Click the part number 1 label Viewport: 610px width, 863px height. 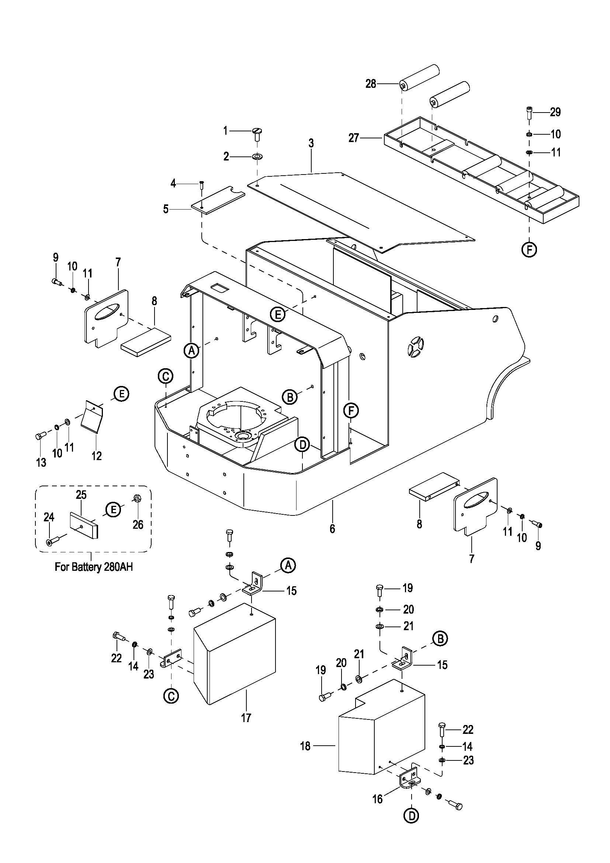pyautogui.click(x=225, y=131)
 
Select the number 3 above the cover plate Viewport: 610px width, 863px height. pyautogui.click(x=311, y=143)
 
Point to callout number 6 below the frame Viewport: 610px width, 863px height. pyautogui.click(x=332, y=529)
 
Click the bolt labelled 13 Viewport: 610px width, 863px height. pyautogui.click(x=40, y=436)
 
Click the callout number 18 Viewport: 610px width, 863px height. pyautogui.click(x=305, y=746)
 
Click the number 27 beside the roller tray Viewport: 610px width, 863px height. pyautogui.click(x=354, y=138)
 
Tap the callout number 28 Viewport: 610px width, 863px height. pyautogui.click(x=371, y=84)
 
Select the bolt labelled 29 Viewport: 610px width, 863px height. pyautogui.click(x=529, y=113)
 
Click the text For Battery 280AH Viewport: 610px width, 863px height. pyautogui.click(x=94, y=567)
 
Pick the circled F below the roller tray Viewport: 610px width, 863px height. pyautogui.click(x=529, y=249)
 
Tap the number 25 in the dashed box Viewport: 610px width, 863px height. pyautogui.click(x=82, y=495)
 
